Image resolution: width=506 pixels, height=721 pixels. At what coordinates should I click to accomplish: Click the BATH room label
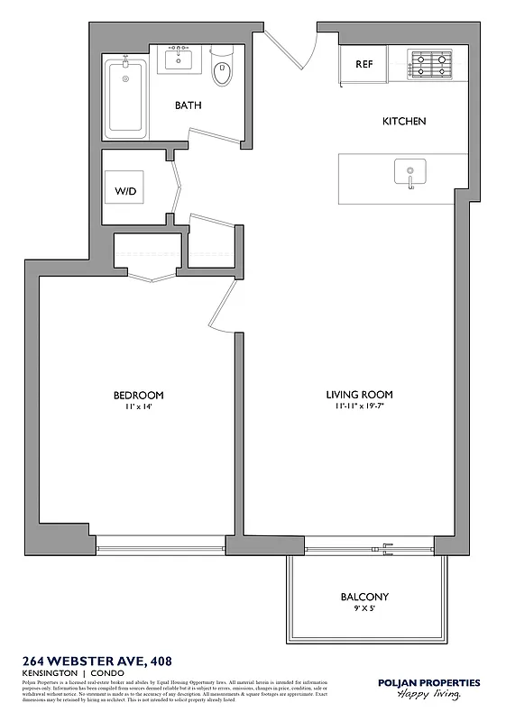coord(188,105)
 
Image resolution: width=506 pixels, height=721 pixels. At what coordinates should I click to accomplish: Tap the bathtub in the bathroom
coord(125,96)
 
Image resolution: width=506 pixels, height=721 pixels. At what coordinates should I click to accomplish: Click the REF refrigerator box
coord(363,65)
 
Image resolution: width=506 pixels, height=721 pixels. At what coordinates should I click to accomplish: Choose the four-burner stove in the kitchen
coord(430,64)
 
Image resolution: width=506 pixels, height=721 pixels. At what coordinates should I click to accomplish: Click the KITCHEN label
coord(404,121)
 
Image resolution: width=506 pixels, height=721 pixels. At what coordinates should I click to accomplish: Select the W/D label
coord(124,192)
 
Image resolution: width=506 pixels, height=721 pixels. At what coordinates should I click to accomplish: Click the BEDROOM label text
coord(138,396)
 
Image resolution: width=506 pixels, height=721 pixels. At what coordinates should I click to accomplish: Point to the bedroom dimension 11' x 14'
coord(138,407)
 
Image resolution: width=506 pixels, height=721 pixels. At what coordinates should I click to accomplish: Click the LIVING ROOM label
coord(359,395)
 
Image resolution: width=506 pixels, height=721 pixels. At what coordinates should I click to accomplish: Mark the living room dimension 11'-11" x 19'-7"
coord(359,407)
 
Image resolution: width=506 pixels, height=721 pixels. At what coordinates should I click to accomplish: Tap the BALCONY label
coord(364,597)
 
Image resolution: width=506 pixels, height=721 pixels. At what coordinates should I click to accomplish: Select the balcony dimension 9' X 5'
coord(364,608)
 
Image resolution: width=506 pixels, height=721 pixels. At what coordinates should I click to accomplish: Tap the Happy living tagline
coord(432,696)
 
